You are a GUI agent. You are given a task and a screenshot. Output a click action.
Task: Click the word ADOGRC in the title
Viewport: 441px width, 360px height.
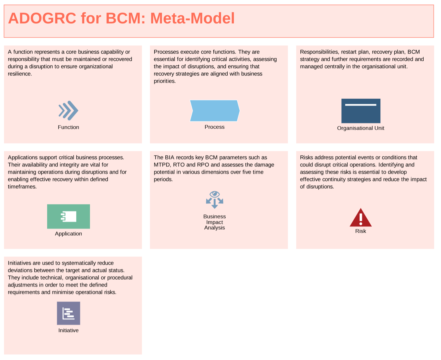pos(42,18)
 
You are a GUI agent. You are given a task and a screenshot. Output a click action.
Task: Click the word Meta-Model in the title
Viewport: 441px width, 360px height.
pos(193,18)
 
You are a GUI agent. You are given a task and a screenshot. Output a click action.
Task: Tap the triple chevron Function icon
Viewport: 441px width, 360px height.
pos(68,110)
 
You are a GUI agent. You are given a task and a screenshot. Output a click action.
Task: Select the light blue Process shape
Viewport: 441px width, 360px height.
pos(215,110)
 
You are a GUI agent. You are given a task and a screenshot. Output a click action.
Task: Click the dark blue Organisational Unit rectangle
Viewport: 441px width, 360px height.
pos(361,111)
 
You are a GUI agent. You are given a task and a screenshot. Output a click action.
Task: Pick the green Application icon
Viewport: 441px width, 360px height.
pos(68,216)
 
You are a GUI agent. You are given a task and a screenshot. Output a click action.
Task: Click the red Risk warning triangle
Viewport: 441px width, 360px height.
pos(361,217)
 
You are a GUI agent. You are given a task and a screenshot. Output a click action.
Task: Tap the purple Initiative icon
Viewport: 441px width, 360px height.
pos(68,313)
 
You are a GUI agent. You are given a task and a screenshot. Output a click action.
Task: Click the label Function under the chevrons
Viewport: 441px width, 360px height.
pos(68,127)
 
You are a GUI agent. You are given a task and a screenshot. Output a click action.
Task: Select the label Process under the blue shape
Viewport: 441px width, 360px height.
pos(215,127)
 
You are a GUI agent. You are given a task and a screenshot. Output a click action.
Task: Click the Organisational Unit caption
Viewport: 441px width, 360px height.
pos(361,128)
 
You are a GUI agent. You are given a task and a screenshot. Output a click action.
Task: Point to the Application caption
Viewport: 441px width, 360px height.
pos(68,234)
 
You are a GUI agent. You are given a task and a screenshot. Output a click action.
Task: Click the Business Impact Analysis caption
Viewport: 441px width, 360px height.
pos(215,222)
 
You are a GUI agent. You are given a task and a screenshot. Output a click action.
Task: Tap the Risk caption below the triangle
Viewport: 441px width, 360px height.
pos(361,231)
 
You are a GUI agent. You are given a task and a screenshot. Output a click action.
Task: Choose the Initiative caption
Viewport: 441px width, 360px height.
pos(68,330)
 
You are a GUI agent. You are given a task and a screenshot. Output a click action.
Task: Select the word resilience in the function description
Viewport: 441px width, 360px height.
pos(20,74)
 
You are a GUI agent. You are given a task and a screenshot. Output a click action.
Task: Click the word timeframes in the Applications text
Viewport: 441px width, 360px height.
pos(22,186)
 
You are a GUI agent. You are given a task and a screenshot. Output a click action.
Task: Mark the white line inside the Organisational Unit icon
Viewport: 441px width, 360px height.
pos(360,105)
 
